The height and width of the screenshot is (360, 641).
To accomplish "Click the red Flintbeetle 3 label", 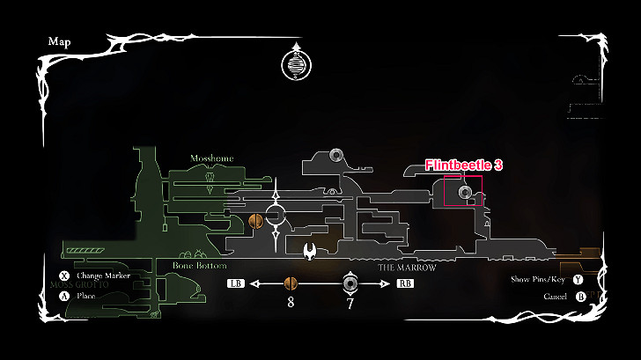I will (463, 165).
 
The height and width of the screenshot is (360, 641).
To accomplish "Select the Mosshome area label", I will (212, 158).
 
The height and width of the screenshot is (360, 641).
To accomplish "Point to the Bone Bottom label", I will (200, 266).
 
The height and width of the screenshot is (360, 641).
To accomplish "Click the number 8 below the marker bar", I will (290, 305).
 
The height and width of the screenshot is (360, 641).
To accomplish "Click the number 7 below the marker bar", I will (350, 305).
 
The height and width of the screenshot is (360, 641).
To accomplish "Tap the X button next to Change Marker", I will (63, 276).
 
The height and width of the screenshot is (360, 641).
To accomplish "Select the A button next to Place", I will (63, 296).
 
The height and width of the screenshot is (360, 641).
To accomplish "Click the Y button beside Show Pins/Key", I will (578, 280).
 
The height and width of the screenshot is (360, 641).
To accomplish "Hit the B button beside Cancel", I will (580, 297).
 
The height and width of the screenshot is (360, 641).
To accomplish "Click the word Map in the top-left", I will (59, 41).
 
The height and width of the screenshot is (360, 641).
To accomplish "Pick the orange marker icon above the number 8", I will (290, 283).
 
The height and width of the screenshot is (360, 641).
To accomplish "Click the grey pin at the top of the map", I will (335, 156).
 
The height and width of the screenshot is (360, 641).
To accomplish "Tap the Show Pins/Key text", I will (538, 280).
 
